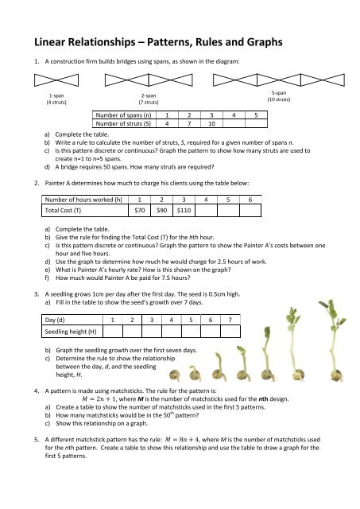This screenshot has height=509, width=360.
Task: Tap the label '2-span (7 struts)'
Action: [x=148, y=99]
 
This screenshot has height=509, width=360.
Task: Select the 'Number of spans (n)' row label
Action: [x=123, y=115]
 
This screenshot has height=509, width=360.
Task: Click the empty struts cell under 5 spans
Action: [x=256, y=124]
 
